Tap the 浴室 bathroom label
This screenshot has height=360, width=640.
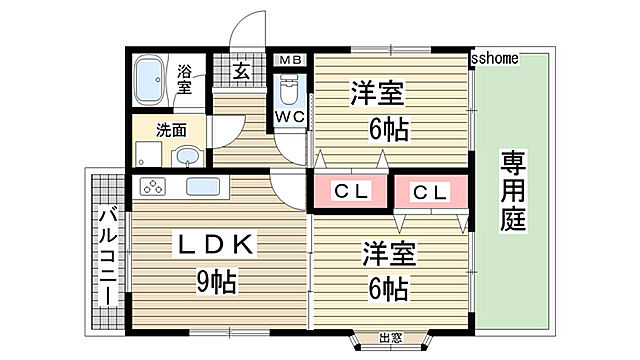185,80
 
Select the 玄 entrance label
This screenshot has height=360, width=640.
241,70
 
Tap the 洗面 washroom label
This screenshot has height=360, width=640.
170,129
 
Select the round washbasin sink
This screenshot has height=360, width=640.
186,155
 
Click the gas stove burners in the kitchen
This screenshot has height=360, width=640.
154,186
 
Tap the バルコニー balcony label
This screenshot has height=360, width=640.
109,256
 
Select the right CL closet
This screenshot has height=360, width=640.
429,191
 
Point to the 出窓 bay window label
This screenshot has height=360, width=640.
391,338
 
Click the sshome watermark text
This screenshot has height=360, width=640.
495,58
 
